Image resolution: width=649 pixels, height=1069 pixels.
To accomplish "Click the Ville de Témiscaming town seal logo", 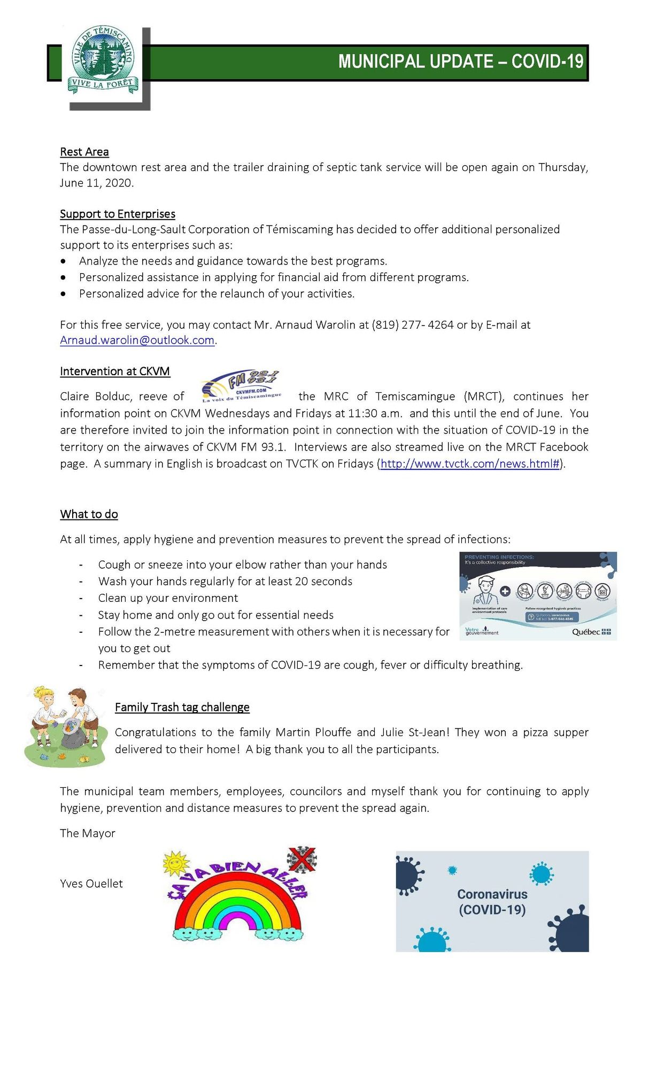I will click(103, 60).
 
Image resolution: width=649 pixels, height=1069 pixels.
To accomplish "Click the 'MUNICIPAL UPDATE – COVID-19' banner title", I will click(460, 61).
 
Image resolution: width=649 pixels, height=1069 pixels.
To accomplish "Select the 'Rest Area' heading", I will click(84, 152).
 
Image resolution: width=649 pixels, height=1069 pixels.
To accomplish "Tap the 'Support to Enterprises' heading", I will click(118, 214).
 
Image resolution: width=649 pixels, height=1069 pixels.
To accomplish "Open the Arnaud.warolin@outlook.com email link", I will click(137, 340).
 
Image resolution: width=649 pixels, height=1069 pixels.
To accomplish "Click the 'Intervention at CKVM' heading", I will click(115, 371).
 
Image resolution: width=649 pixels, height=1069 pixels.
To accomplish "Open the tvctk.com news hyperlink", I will click(470, 464).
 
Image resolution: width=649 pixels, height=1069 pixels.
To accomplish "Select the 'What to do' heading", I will click(89, 514).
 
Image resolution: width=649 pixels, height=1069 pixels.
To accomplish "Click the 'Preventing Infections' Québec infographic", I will click(538, 596).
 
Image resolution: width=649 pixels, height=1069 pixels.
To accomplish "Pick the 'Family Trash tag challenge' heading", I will click(182, 707).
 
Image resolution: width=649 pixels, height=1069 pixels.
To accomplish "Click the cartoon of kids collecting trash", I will click(65, 726).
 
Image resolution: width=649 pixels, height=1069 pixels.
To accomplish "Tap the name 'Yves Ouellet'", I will click(91, 884).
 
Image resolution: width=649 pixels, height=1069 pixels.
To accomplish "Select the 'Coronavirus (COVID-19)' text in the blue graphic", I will click(492, 902).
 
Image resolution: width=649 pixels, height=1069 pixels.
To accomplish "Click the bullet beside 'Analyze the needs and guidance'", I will click(64, 261).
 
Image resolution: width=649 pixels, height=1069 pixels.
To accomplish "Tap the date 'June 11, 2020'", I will click(96, 183).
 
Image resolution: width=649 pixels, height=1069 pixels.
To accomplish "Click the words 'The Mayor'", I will click(88, 833).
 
